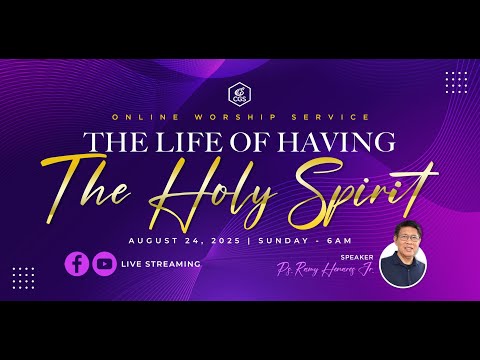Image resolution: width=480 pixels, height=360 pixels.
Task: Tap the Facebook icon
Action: point(77,264)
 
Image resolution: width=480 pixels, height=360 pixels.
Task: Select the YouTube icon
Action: point(104,264)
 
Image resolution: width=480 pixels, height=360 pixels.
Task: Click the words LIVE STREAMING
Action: point(161,264)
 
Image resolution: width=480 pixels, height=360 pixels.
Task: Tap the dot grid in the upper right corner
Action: point(456,82)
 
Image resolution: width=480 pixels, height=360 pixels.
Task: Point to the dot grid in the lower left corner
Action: point(24,278)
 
